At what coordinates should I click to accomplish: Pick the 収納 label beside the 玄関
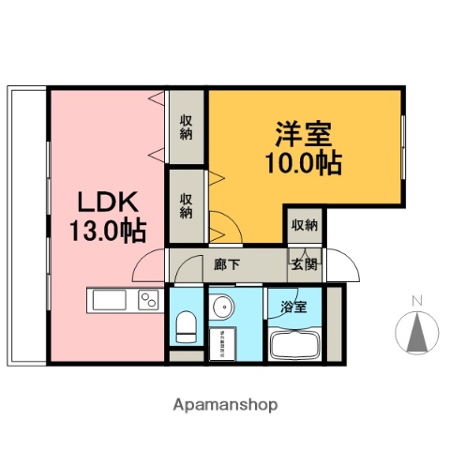(303, 225)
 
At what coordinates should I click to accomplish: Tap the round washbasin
(221, 308)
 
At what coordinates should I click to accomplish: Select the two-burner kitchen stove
(149, 301)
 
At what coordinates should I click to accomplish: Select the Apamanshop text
(225, 405)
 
